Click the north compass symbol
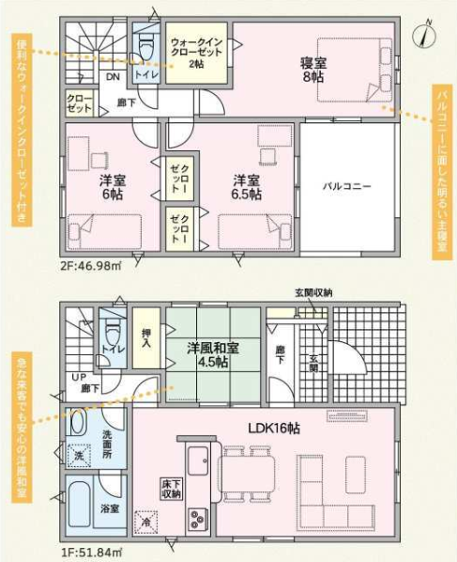pyautogui.click(x=424, y=35)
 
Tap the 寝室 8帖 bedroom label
pyautogui.click(x=313, y=70)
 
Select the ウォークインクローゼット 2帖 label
pyautogui.click(x=196, y=53)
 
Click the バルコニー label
pyautogui.click(x=347, y=186)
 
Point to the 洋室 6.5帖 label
pyautogui.click(x=247, y=187)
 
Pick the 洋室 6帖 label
pyautogui.click(x=113, y=187)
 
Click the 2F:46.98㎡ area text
pyautogui.click(x=91, y=266)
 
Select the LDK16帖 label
pyautogui.click(x=274, y=428)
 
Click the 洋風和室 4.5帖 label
pyautogui.click(x=213, y=354)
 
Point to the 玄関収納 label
pyautogui.click(x=313, y=293)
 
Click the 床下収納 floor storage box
pyautogui.click(x=171, y=488)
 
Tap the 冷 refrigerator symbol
pyautogui.click(x=145, y=521)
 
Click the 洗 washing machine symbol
pyautogui.click(x=79, y=455)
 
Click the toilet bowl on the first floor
pyautogui.click(x=113, y=331)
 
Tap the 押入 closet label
pyautogui.click(x=146, y=338)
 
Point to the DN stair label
pyautogui.click(x=114, y=76)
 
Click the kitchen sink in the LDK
pyautogui.click(x=198, y=461)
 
